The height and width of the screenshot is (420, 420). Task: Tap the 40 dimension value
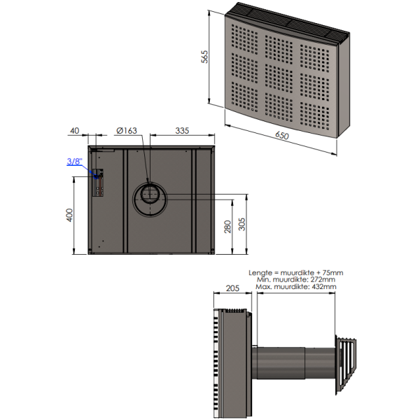[x=75, y=131]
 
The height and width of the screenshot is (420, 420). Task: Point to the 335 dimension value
[x=182, y=131]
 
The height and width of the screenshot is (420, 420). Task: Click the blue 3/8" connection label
[x=75, y=162]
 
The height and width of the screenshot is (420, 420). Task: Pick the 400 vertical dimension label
[x=69, y=215]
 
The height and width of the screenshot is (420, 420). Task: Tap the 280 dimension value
[x=226, y=227]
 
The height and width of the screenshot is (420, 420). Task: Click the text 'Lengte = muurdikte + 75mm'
[x=296, y=272]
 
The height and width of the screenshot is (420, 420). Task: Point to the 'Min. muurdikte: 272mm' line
[x=296, y=279]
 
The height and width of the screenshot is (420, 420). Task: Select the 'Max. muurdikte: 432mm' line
[x=296, y=287]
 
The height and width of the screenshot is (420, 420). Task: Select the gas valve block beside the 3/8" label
[x=98, y=183]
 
